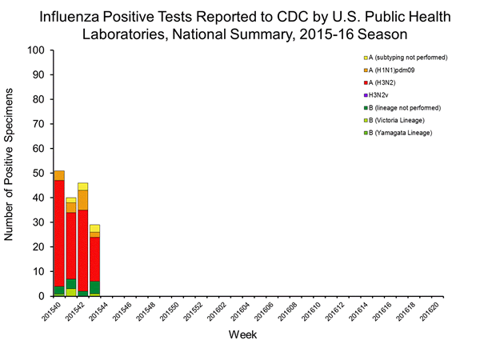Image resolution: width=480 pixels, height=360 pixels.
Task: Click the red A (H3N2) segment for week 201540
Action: coord(59,232)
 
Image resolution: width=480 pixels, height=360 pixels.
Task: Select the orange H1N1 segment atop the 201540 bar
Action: coord(59,175)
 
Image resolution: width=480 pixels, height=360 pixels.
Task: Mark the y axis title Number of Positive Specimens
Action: coord(11,173)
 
